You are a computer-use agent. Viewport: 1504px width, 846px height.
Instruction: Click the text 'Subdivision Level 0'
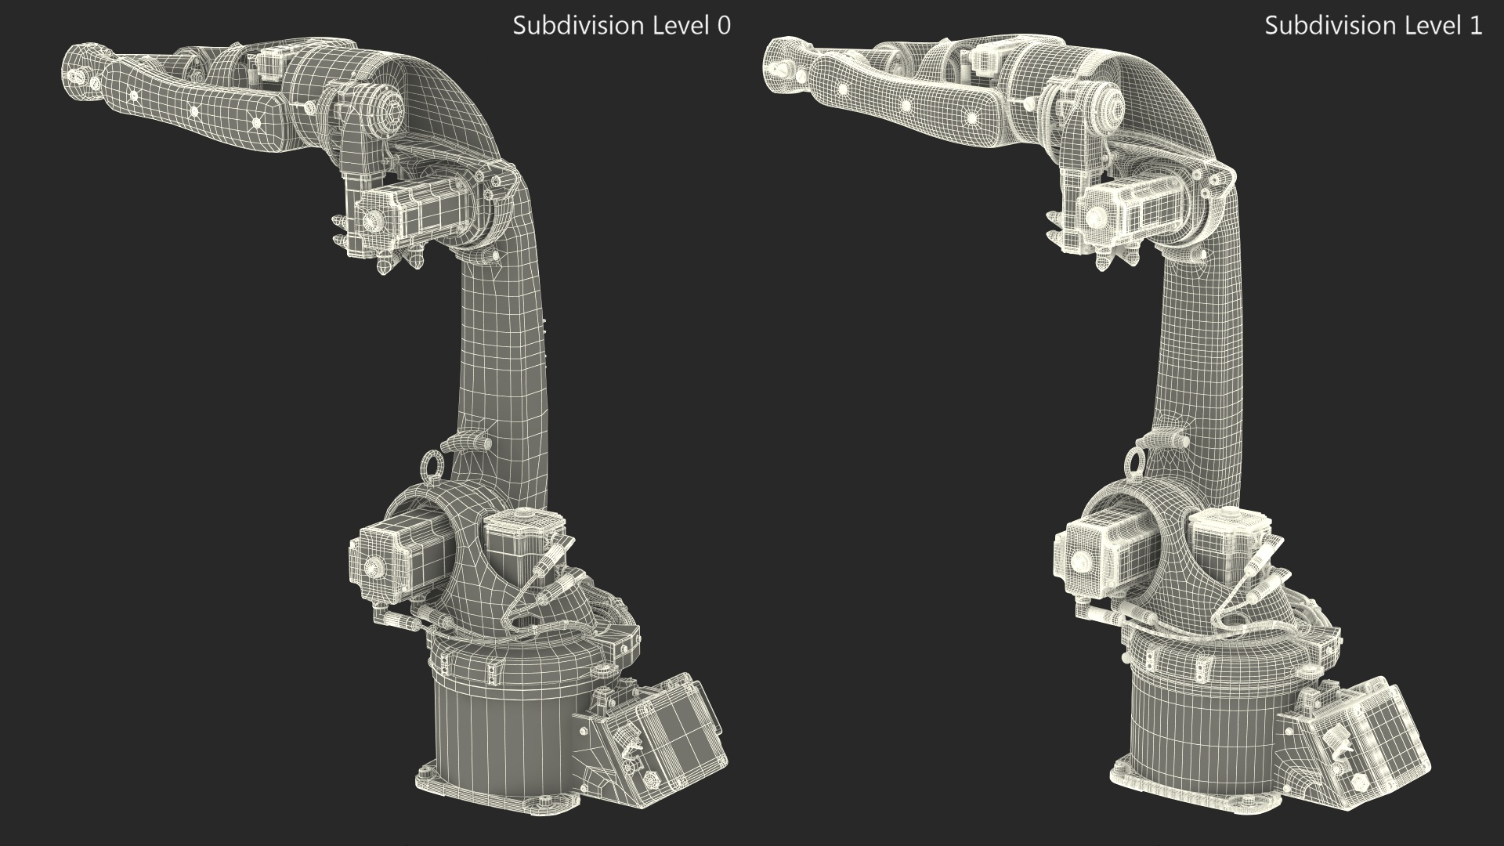[621, 26]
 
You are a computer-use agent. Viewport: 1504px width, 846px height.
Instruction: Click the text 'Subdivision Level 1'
[1373, 26]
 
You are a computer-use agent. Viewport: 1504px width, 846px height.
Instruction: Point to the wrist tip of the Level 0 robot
[77, 77]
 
